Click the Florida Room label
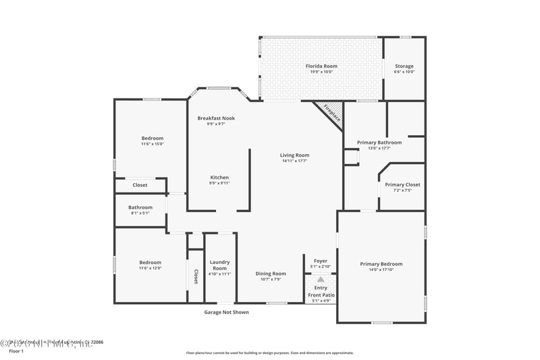tap(321, 66)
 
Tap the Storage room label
tap(404, 66)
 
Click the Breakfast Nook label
tap(216, 118)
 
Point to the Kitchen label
tap(219, 178)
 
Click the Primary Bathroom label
tap(379, 143)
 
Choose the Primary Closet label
tap(402, 184)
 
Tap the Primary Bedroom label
tap(381, 264)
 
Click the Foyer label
tap(321, 261)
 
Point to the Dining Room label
tap(271, 274)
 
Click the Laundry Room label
tap(220, 264)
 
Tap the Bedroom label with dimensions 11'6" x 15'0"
tap(152, 138)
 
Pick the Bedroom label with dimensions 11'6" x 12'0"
tap(150, 263)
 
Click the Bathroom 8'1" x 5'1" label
tap(140, 207)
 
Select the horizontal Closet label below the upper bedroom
tap(140, 184)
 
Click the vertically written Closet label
tap(196, 276)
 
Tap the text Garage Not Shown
tap(227, 312)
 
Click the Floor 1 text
tap(16, 351)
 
